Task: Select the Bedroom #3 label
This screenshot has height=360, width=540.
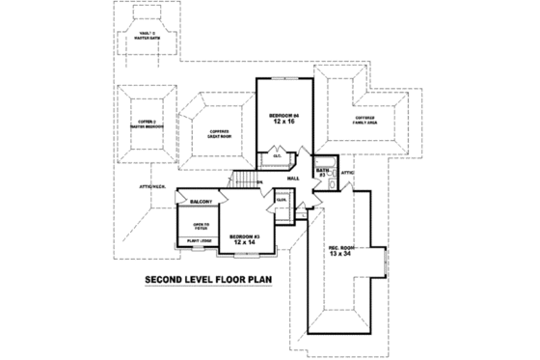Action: coord(245,235)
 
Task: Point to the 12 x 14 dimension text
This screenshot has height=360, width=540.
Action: coord(245,243)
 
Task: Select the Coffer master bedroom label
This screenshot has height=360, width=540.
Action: coord(145,123)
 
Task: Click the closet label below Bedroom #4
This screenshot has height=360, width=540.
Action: coord(277,154)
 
